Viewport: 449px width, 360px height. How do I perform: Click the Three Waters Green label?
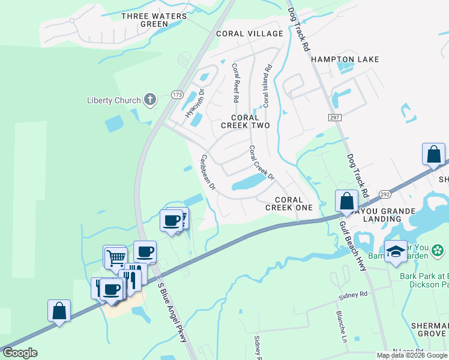click(x=145, y=20)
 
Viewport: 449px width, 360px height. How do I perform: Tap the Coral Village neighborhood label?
click(x=250, y=34)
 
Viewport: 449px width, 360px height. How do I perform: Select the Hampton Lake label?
click(x=345, y=59)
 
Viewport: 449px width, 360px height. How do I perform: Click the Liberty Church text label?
click(x=113, y=100)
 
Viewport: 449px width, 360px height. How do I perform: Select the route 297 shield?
click(x=335, y=118)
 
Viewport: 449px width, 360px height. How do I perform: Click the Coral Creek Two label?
click(x=245, y=121)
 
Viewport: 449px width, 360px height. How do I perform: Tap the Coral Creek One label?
click(x=294, y=203)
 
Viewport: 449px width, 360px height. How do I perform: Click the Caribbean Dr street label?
click(x=208, y=172)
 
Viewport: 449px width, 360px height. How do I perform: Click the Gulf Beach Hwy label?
click(x=354, y=247)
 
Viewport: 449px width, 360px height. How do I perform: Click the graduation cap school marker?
click(x=396, y=252)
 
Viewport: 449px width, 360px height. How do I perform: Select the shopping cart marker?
click(x=115, y=258)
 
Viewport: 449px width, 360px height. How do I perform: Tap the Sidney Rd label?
click(x=352, y=295)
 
